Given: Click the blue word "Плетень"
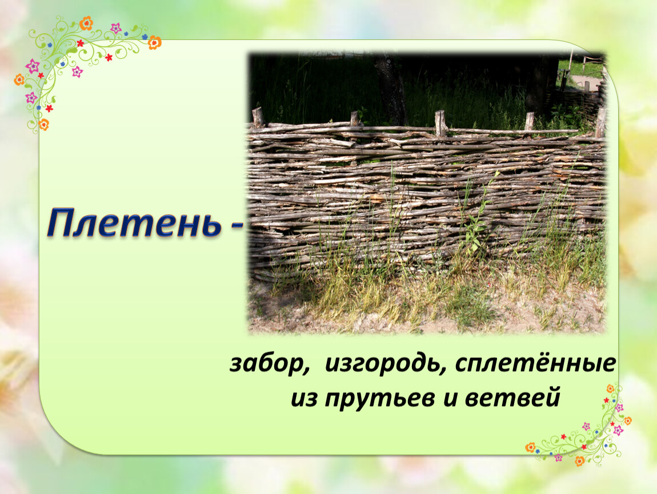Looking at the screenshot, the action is pyautogui.click(x=134, y=223).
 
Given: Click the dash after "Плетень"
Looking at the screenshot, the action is pyautogui.click(x=236, y=226).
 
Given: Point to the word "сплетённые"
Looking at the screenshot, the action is pyautogui.click(x=535, y=363).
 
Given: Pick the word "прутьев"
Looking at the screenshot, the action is pyautogui.click(x=379, y=399).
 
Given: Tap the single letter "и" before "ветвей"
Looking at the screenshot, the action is pyautogui.click(x=450, y=399).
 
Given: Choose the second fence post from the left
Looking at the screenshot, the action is pyautogui.click(x=354, y=119).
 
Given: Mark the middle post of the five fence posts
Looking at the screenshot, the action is pyautogui.click(x=440, y=123).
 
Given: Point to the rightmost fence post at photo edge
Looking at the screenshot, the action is pyautogui.click(x=600, y=122).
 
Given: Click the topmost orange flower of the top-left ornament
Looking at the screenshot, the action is pyautogui.click(x=86, y=23).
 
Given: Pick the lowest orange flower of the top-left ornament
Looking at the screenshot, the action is pyautogui.click(x=43, y=124).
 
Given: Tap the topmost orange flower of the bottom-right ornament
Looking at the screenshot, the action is pyautogui.click(x=611, y=388).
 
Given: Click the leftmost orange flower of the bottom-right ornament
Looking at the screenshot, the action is pyautogui.click(x=531, y=448).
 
